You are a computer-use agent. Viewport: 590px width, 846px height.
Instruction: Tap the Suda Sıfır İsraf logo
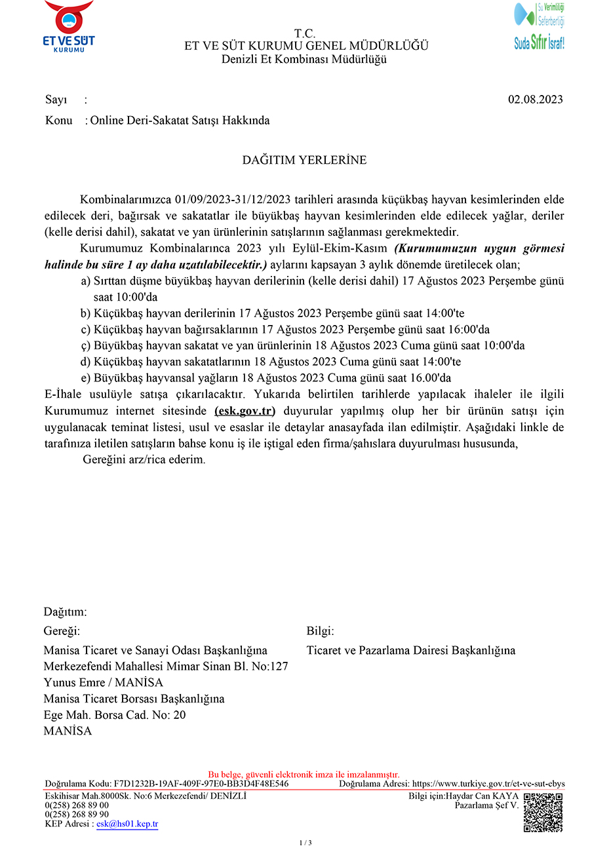pyautogui.click(x=539, y=26)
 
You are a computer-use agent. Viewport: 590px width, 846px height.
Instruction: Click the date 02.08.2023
pyautogui.click(x=535, y=100)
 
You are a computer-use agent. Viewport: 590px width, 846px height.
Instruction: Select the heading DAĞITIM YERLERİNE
pyautogui.click(x=304, y=160)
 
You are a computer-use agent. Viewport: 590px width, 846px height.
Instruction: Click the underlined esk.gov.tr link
pyautogui.click(x=245, y=411)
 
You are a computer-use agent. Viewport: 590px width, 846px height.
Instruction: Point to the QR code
pyautogui.click(x=543, y=813)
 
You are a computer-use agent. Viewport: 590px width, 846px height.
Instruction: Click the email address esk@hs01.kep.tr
pyautogui.click(x=127, y=824)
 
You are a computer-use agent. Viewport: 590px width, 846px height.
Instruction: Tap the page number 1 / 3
pyautogui.click(x=305, y=842)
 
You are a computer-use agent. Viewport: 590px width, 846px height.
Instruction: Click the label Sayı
pyautogui.click(x=56, y=100)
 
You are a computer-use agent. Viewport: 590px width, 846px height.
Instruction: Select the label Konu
pyautogui.click(x=58, y=121)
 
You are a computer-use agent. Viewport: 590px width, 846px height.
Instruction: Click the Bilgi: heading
pyautogui.click(x=320, y=631)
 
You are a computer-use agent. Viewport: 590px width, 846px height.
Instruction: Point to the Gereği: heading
pyautogui.click(x=62, y=631)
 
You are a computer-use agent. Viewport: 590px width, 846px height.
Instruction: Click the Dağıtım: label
pyautogui.click(x=65, y=612)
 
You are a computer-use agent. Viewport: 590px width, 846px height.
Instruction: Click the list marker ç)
pyautogui.click(x=85, y=345)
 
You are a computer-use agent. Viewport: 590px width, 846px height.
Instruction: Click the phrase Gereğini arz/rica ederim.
pyautogui.click(x=144, y=459)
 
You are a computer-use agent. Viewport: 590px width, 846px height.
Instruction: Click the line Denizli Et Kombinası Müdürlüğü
pyautogui.click(x=304, y=59)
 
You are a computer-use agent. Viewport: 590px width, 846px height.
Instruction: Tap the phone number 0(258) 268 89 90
pyautogui.click(x=77, y=815)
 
